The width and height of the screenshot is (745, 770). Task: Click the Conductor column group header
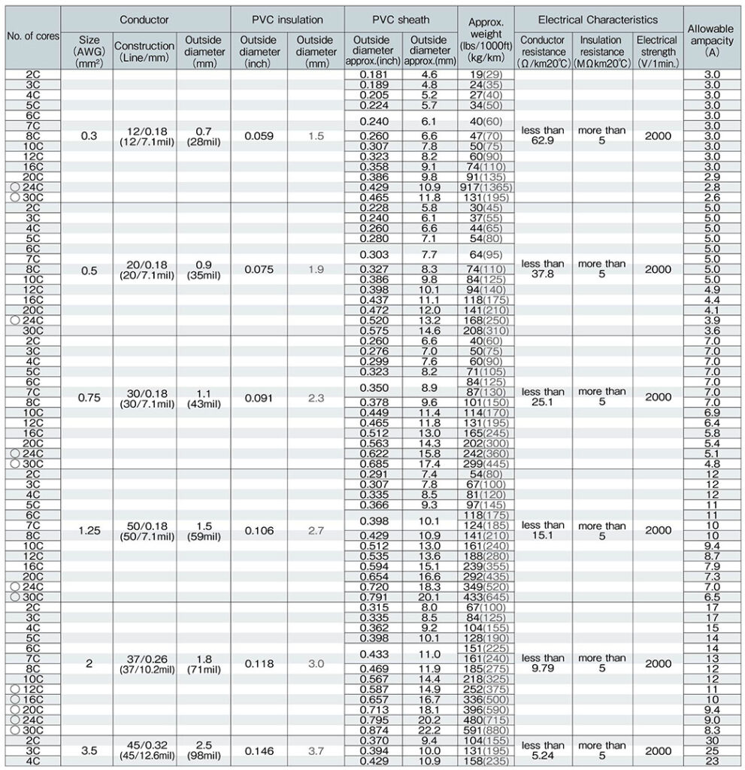(145, 18)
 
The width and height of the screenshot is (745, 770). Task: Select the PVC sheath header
(400, 18)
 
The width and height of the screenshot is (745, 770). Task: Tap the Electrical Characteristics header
(598, 18)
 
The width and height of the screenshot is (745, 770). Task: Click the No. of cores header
(32, 35)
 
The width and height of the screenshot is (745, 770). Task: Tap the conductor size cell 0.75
(88, 399)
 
